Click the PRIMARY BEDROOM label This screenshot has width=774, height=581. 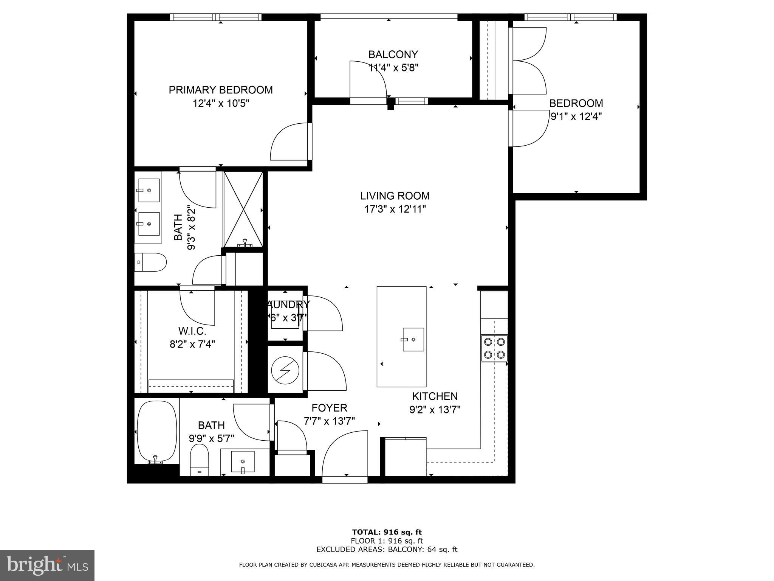click(x=220, y=90)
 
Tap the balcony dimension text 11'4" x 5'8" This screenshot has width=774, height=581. click(x=393, y=68)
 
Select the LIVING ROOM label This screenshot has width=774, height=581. click(x=395, y=196)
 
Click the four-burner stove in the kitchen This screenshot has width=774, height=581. click(x=494, y=348)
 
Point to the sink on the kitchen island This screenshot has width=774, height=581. click(x=413, y=339)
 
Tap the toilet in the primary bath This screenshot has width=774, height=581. click(x=150, y=262)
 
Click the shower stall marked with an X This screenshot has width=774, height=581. click(x=243, y=209)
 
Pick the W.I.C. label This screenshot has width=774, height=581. click(x=192, y=331)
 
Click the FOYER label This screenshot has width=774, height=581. click(x=329, y=408)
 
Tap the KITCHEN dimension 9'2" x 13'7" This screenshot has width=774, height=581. click(x=435, y=410)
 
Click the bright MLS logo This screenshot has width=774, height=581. click(x=47, y=565)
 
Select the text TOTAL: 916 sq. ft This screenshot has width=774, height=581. click(x=387, y=532)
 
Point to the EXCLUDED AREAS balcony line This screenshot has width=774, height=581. click(x=387, y=549)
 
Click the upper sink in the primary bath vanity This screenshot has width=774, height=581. click(x=148, y=190)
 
